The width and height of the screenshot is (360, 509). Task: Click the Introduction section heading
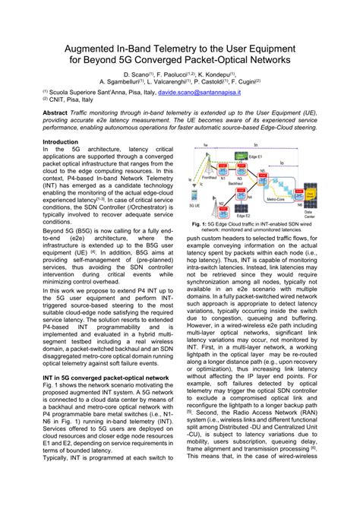[60, 141]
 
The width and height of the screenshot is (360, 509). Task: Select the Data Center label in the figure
[309, 214]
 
